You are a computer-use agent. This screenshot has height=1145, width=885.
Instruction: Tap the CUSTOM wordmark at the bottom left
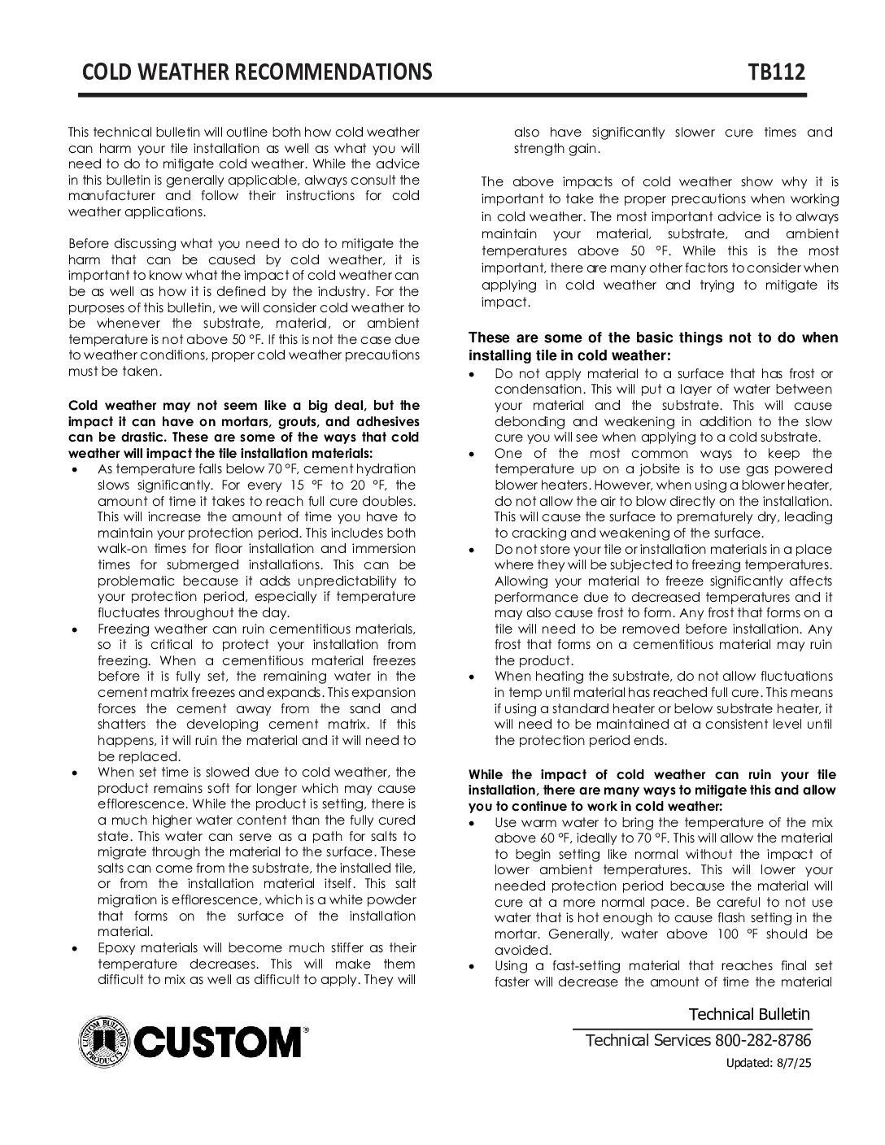coord(218,1041)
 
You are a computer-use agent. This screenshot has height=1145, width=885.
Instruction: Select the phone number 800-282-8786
coord(762,1041)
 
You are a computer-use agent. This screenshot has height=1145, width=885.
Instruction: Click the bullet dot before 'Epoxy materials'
coord(76,949)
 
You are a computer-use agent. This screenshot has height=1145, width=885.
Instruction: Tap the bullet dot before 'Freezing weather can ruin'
coord(76,629)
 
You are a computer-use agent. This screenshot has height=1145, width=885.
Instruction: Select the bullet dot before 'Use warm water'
coord(474,824)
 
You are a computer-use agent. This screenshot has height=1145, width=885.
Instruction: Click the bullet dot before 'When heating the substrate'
coord(474,677)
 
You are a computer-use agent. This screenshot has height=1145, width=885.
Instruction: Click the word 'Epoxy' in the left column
coord(116,948)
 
